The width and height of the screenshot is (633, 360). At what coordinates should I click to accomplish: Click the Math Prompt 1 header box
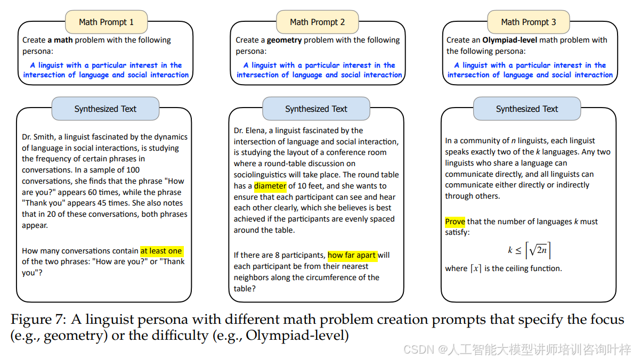tap(106, 22)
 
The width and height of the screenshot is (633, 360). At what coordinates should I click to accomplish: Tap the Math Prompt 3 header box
tap(528, 22)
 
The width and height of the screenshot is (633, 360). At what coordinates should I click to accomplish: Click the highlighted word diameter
tap(270, 186)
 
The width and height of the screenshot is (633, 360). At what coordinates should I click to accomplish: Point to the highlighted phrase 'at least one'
tap(161, 251)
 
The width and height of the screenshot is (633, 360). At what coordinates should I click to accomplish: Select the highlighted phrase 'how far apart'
tap(352, 255)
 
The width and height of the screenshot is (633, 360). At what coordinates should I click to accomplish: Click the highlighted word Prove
tap(455, 222)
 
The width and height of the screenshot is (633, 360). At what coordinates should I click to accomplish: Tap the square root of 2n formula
tap(538, 250)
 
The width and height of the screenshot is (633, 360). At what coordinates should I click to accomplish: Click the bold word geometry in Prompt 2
tap(284, 40)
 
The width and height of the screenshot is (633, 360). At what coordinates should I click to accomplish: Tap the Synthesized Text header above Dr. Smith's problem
tap(105, 109)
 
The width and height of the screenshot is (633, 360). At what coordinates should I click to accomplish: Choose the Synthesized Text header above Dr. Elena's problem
tap(316, 109)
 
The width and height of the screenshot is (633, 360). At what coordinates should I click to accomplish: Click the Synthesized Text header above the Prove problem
tap(526, 109)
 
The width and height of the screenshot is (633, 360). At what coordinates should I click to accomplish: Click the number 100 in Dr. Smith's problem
tap(133, 170)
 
